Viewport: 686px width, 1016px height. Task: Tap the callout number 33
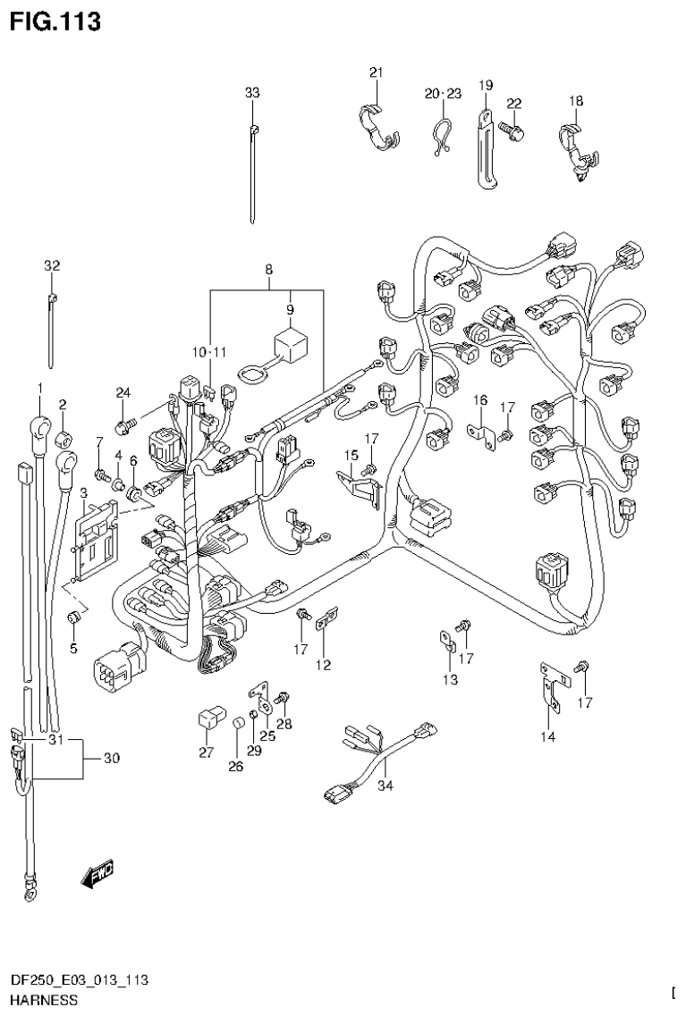(253, 92)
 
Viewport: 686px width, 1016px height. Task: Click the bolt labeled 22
(512, 130)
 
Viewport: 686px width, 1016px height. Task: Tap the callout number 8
(267, 269)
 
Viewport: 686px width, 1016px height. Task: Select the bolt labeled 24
(126, 417)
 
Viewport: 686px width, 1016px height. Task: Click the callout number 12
(322, 665)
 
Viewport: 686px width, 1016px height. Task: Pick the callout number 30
(111, 759)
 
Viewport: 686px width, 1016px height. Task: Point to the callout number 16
(480, 399)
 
